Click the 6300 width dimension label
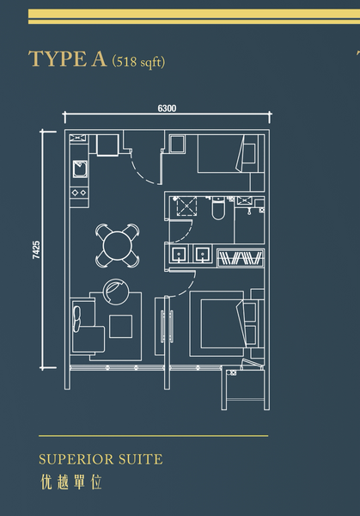tap(167, 108)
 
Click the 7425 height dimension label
tap(36, 249)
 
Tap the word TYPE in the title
tap(57, 59)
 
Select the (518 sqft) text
tap(138, 62)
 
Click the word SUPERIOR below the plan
tap(76, 459)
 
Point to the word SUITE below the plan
tap(140, 459)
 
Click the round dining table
tap(117, 245)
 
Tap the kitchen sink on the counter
tap(80, 169)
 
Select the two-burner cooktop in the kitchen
tap(79, 192)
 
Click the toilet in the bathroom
tap(217, 209)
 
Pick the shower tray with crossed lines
tap(186, 206)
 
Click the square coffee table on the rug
tap(121, 326)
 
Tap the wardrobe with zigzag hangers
tap(241, 258)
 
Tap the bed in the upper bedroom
tap(227, 153)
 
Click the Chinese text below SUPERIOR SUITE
tap(71, 482)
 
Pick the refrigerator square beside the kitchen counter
tap(107, 144)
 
